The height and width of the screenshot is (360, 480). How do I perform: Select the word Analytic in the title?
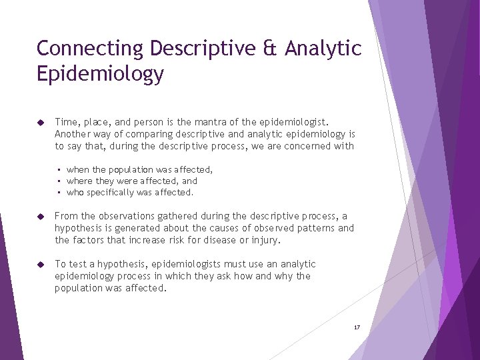pyautogui.click(x=323, y=49)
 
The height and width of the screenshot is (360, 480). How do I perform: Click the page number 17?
pyautogui.click(x=357, y=327)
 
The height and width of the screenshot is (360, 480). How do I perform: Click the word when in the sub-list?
pyautogui.click(x=79, y=170)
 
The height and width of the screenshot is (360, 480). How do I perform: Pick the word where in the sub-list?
pyautogui.click(x=79, y=181)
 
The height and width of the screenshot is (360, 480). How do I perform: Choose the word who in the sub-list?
pyautogui.click(x=75, y=193)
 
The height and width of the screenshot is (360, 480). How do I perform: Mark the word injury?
pyautogui.click(x=267, y=240)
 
